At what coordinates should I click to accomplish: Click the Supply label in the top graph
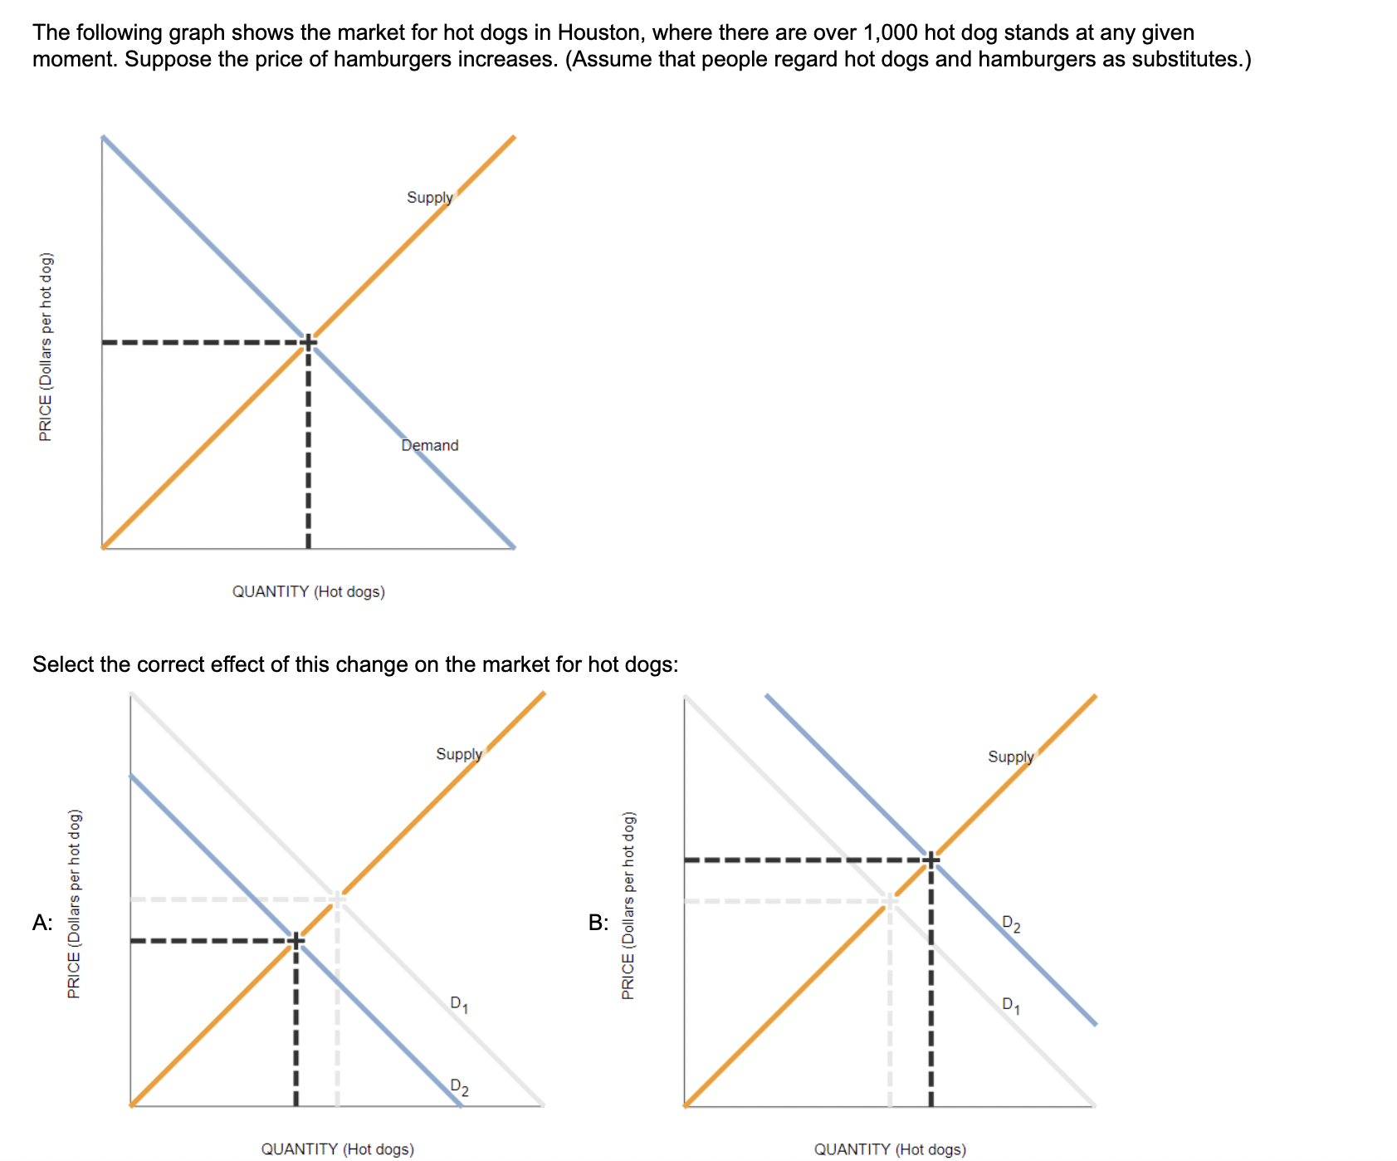click(x=429, y=198)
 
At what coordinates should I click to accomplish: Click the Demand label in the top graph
click(x=429, y=445)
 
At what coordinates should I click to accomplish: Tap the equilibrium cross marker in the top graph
click(x=308, y=342)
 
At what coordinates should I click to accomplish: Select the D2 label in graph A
click(x=459, y=1087)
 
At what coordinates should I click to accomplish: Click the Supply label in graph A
click(x=458, y=754)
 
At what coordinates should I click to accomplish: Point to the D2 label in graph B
click(x=1011, y=923)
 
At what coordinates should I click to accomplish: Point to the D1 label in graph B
click(x=1011, y=1005)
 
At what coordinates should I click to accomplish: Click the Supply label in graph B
click(x=1010, y=757)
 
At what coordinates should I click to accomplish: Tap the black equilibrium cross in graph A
click(x=296, y=941)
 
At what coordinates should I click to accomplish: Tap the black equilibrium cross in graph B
click(x=931, y=860)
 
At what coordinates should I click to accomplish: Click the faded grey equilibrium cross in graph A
click(x=337, y=899)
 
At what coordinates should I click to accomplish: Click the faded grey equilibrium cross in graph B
click(x=890, y=900)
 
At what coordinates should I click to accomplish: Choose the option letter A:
click(x=42, y=923)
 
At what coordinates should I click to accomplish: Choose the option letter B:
click(x=598, y=923)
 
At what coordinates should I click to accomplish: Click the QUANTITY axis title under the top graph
click(x=308, y=591)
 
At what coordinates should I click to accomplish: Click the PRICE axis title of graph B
click(x=628, y=905)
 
